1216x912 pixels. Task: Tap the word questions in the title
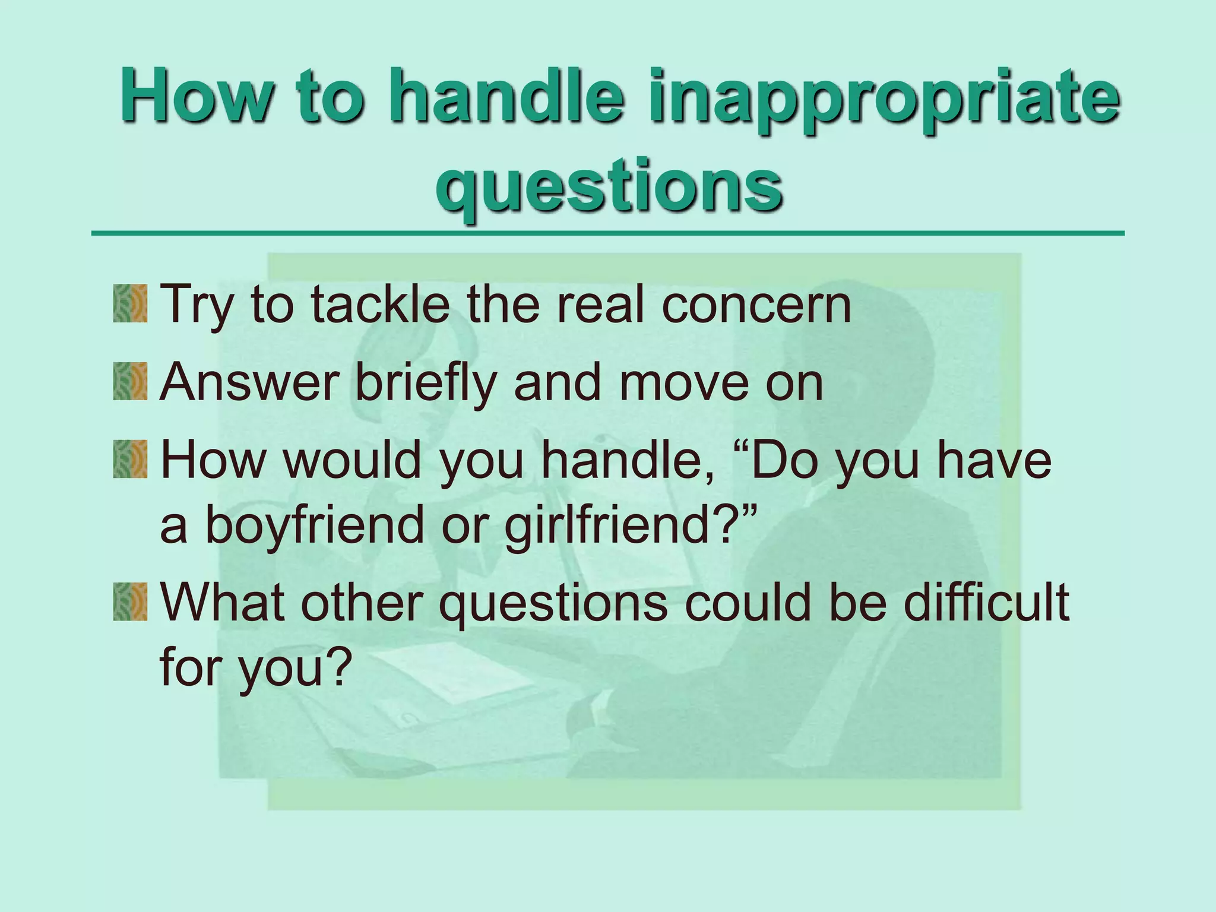609,185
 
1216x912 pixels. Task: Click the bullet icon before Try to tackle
130,303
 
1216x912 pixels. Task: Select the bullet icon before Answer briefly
130,382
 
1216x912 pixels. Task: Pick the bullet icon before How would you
130,459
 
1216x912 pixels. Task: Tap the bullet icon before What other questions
130,601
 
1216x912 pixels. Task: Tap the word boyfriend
315,525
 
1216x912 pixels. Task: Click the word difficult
986,601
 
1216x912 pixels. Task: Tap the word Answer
250,383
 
